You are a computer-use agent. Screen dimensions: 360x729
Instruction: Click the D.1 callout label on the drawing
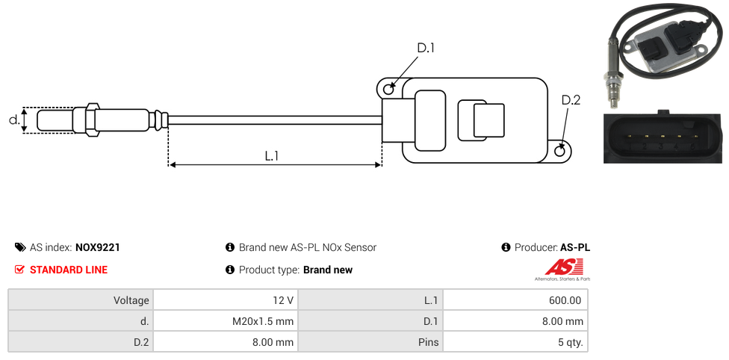click(x=426, y=49)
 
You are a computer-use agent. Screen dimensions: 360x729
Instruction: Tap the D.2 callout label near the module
click(x=571, y=100)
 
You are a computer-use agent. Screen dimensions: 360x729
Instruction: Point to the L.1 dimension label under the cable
click(x=272, y=156)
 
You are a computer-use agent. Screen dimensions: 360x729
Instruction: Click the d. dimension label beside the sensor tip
click(x=13, y=120)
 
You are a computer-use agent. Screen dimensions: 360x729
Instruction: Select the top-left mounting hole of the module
click(x=388, y=90)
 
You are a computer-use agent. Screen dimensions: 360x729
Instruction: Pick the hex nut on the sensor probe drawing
click(x=93, y=120)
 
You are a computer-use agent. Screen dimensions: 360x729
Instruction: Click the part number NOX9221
click(x=98, y=247)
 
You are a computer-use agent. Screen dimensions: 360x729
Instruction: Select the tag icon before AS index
click(x=20, y=247)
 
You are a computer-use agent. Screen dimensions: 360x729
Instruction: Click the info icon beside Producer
click(x=506, y=247)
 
